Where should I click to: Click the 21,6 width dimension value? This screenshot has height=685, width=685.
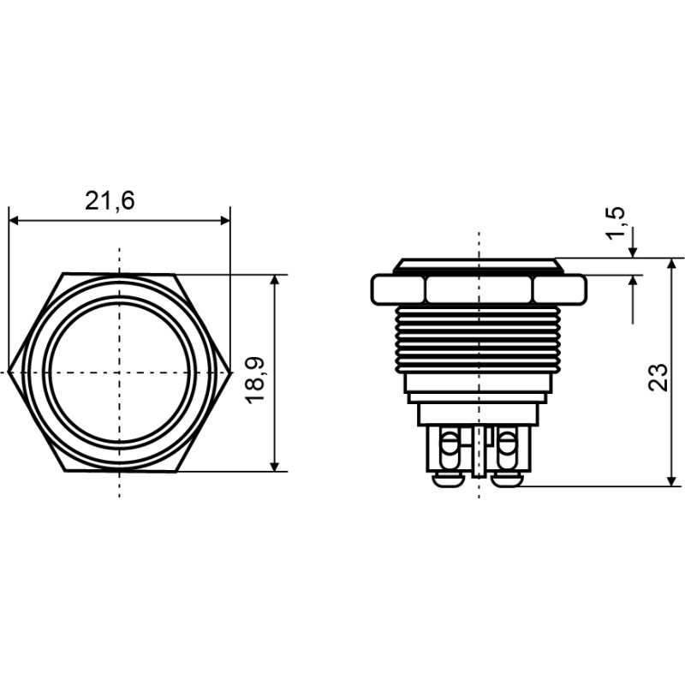click(x=110, y=201)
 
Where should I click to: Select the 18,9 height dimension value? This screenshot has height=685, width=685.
click(x=254, y=379)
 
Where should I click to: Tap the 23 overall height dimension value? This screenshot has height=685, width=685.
click(x=658, y=377)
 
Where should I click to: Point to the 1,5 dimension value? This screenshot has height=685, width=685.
click(x=616, y=223)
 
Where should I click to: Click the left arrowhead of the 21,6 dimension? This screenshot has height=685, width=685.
click(x=14, y=221)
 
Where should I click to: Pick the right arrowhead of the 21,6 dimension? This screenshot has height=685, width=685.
click(x=225, y=221)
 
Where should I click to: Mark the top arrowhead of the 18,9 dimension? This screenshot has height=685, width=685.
click(x=275, y=280)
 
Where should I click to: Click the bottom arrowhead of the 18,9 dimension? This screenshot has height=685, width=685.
click(x=275, y=466)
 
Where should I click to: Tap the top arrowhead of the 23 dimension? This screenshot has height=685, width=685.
click(x=673, y=264)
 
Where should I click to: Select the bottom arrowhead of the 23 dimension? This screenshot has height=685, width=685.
click(x=673, y=481)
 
